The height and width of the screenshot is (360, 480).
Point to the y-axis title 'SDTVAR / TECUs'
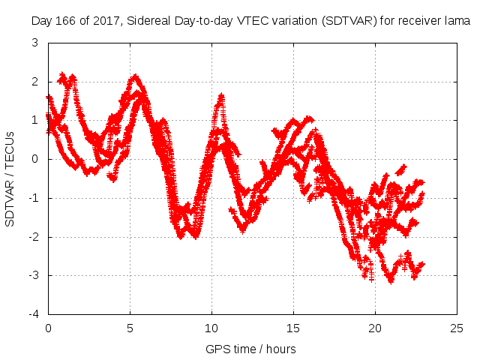click(x=10, y=178)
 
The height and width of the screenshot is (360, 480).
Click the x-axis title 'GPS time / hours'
click(x=250, y=349)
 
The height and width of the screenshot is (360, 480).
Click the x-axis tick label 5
click(x=130, y=328)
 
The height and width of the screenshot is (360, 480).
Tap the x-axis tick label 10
click(x=211, y=328)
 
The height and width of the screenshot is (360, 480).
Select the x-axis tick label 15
click(x=293, y=328)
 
